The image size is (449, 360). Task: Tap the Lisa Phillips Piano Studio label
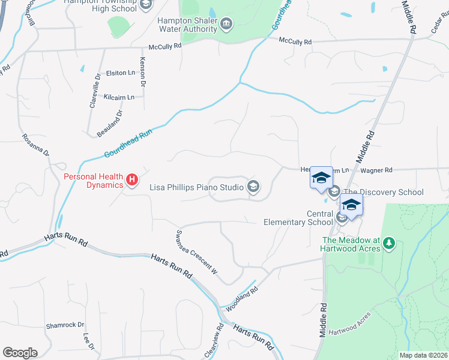coord(197,187)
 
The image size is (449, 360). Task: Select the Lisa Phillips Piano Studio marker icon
coord(253,187)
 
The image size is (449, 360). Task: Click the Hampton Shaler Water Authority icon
coord(226,25)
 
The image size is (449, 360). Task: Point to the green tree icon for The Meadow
coord(390,243)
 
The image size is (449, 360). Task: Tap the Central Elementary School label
coord(298,217)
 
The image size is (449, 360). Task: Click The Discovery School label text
coord(384,192)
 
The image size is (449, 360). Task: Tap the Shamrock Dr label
coord(65,325)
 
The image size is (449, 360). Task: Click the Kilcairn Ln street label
coord(118,97)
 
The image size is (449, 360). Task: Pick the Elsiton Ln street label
coord(121,73)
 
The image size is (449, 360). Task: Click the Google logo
coord(20,353)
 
